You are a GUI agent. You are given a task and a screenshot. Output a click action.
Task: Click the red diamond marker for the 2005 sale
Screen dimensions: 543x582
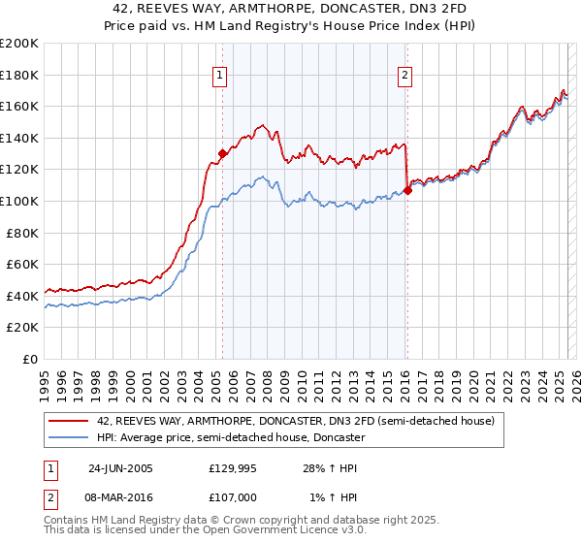223,153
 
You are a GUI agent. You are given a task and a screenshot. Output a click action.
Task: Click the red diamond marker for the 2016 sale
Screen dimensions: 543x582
407,190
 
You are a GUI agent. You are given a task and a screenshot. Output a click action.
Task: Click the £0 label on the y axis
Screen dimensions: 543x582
30,359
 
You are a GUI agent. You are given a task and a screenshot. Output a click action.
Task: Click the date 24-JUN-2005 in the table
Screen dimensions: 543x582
120,467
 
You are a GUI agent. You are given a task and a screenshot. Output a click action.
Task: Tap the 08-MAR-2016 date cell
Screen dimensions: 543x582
122,496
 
